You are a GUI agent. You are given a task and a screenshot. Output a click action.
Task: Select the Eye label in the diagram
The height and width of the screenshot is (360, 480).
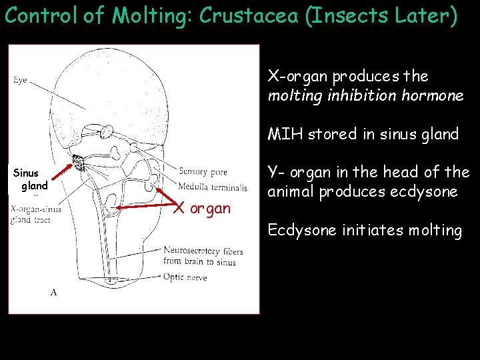coord(21,81)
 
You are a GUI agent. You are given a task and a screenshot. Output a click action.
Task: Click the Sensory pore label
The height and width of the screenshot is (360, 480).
coord(203,172)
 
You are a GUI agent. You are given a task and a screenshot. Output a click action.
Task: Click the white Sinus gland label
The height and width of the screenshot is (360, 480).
coord(31,180)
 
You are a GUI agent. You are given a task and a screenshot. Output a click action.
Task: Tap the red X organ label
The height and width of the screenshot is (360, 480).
coord(203,208)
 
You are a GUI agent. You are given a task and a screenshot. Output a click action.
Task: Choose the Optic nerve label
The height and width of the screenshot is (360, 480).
coord(185,278)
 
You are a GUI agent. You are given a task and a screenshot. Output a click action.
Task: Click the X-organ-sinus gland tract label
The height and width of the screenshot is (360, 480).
coord(35,215)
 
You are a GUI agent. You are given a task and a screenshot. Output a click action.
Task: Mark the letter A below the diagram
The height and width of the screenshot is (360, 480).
coord(53,291)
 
